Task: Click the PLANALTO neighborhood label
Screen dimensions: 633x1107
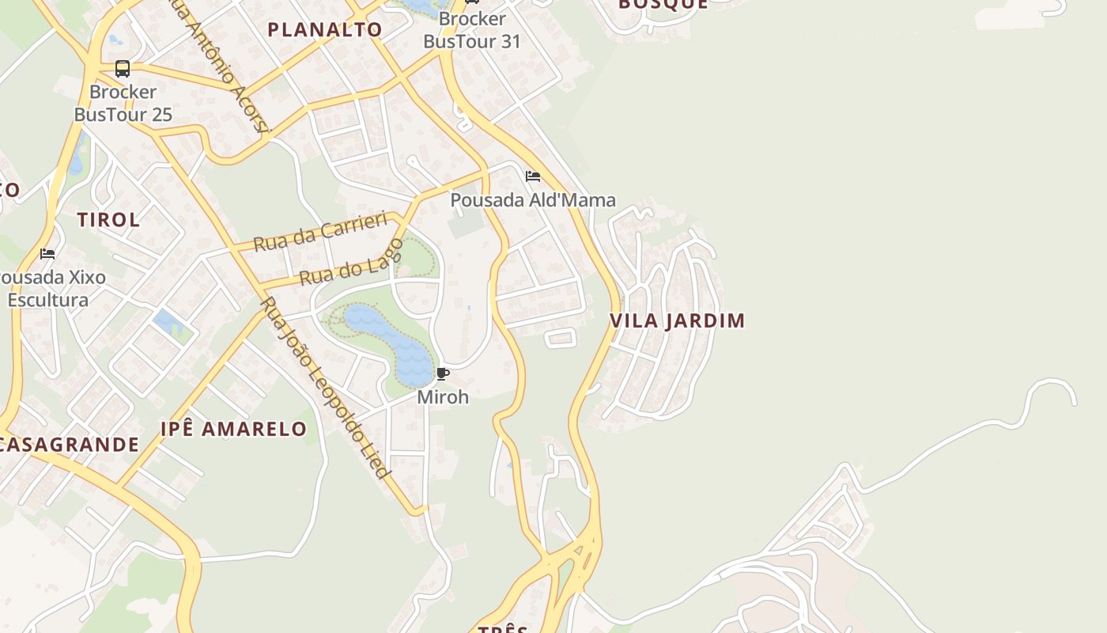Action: (324, 30)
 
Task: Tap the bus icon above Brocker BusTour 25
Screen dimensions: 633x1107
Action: (123, 69)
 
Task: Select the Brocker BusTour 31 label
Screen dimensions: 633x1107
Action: (472, 30)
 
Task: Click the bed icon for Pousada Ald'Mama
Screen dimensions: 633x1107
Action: (533, 176)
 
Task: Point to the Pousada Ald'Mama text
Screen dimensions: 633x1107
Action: (533, 200)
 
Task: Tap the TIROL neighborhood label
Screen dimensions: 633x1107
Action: (108, 220)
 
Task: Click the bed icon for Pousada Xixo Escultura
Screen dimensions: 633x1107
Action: (47, 254)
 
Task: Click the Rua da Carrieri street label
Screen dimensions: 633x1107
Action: (320, 231)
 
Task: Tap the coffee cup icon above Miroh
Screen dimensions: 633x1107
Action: (443, 373)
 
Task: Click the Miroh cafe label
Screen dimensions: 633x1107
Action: (443, 396)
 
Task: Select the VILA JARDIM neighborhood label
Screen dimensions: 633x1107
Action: (677, 320)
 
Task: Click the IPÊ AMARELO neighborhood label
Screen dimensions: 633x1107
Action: (233, 429)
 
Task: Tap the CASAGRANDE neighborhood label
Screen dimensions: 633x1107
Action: (70, 445)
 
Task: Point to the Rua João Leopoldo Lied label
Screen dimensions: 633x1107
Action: (326, 388)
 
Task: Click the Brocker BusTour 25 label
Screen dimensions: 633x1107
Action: (123, 103)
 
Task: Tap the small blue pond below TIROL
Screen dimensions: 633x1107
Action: (168, 322)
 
